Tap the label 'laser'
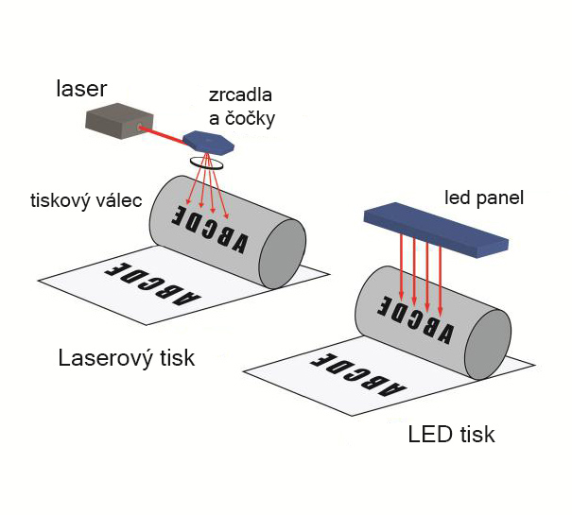80,90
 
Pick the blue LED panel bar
435,229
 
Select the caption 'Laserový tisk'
126,358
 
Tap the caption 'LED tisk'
451,436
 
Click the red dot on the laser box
142,126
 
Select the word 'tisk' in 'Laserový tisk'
176,358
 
